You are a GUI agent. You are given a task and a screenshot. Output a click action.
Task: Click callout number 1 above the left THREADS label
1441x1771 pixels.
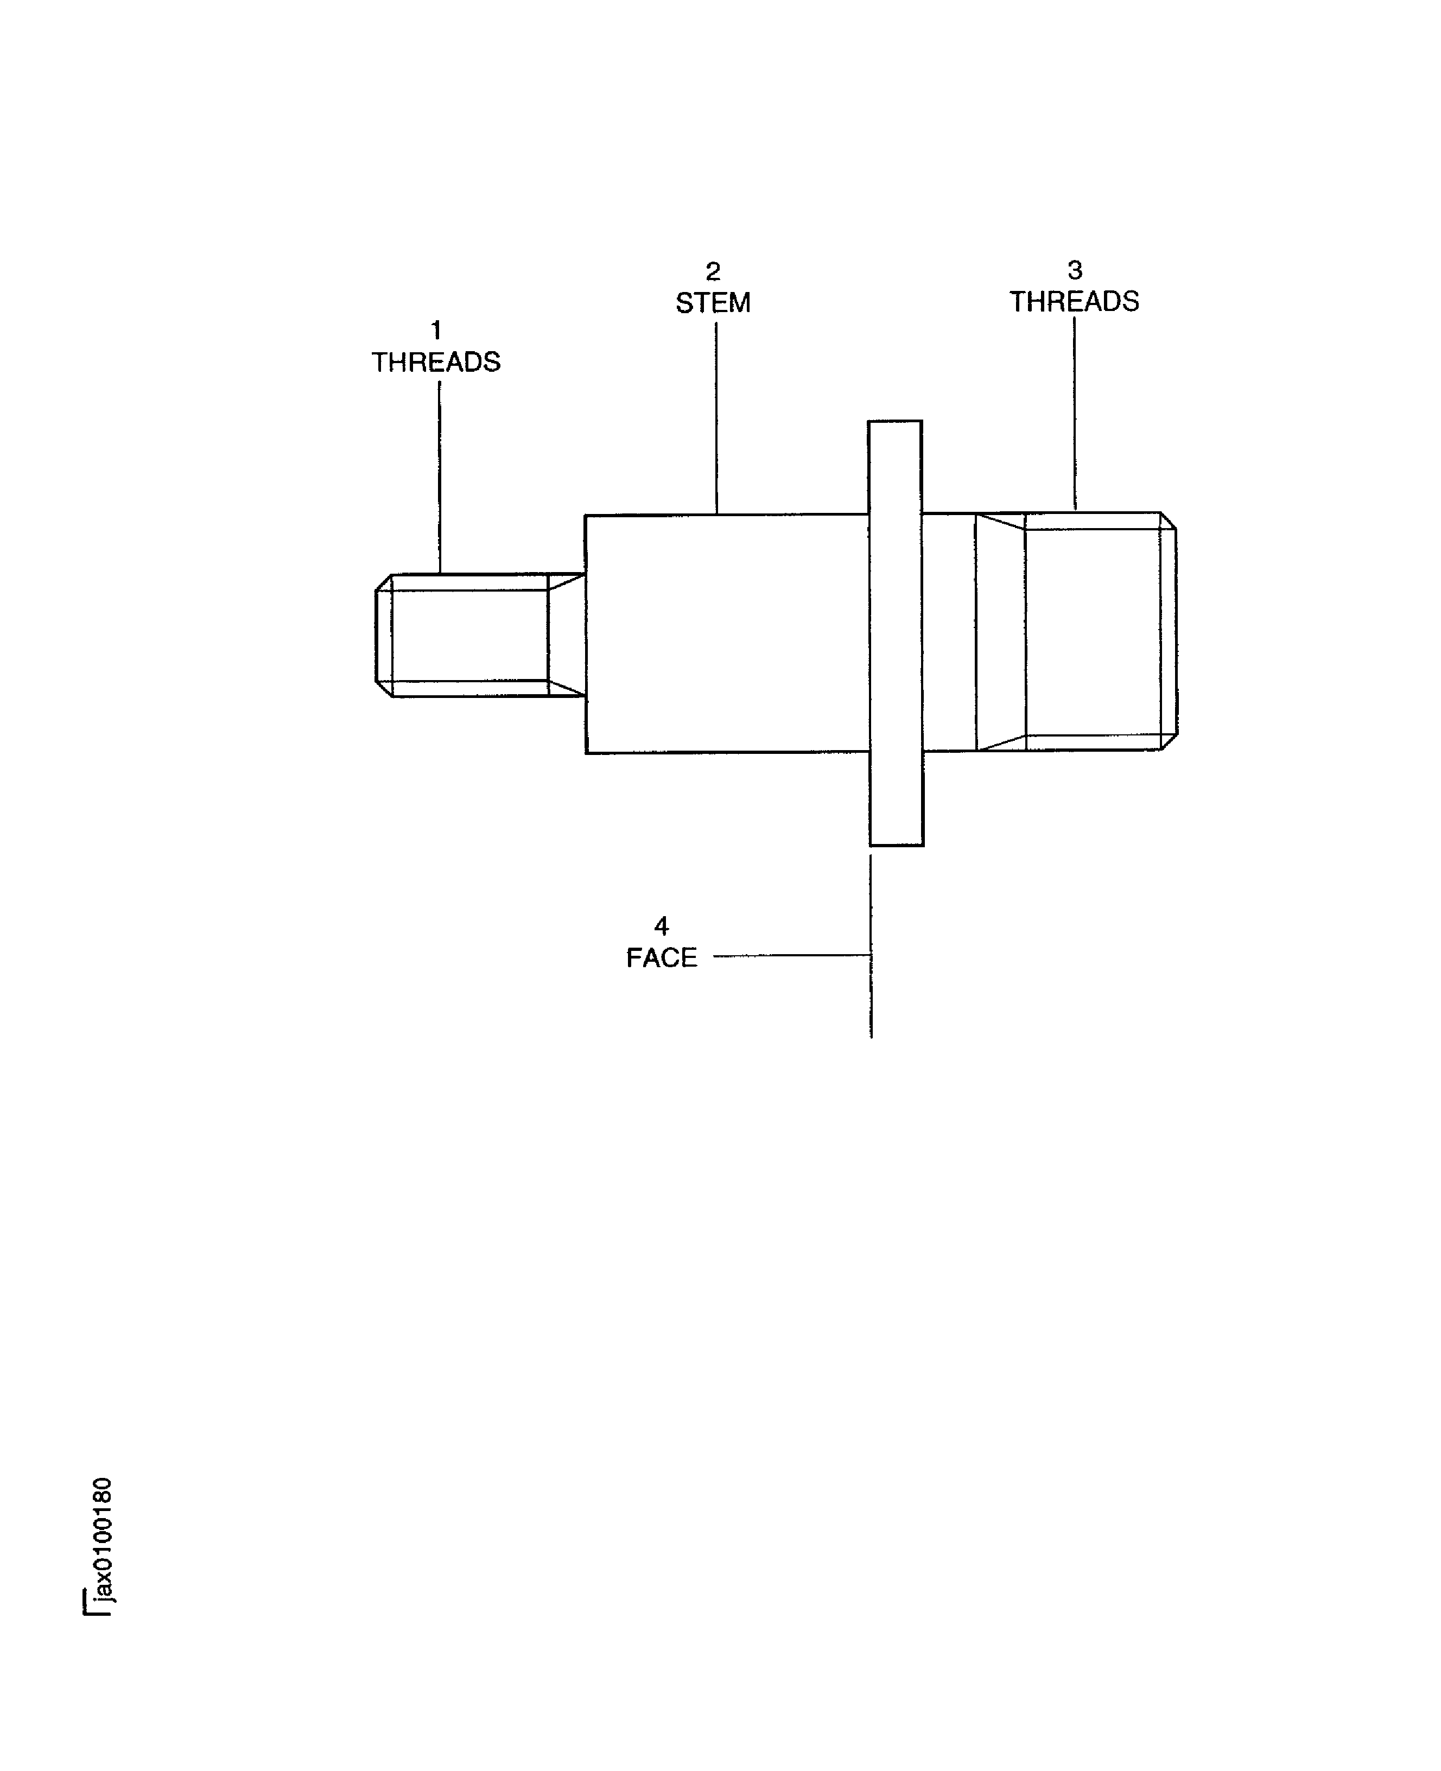point(436,331)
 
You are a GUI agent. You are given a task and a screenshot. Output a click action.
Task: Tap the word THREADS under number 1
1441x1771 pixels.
point(436,363)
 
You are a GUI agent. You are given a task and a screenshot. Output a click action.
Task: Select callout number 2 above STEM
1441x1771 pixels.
point(713,271)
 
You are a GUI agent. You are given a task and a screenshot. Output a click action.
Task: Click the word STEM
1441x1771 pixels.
point(713,303)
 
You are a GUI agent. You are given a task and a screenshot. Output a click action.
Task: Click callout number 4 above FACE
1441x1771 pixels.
point(662,925)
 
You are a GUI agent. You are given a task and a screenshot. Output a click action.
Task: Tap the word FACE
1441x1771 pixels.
point(662,958)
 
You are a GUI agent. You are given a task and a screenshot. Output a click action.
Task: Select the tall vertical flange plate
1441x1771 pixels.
point(896,633)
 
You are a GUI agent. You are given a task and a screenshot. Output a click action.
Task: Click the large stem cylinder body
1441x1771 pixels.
point(726,633)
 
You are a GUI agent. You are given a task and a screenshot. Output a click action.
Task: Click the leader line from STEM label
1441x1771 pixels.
point(716,415)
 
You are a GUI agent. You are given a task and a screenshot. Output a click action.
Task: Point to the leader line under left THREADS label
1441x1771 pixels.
point(439,477)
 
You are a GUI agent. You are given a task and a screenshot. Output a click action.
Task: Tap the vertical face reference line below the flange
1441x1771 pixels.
point(871,996)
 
